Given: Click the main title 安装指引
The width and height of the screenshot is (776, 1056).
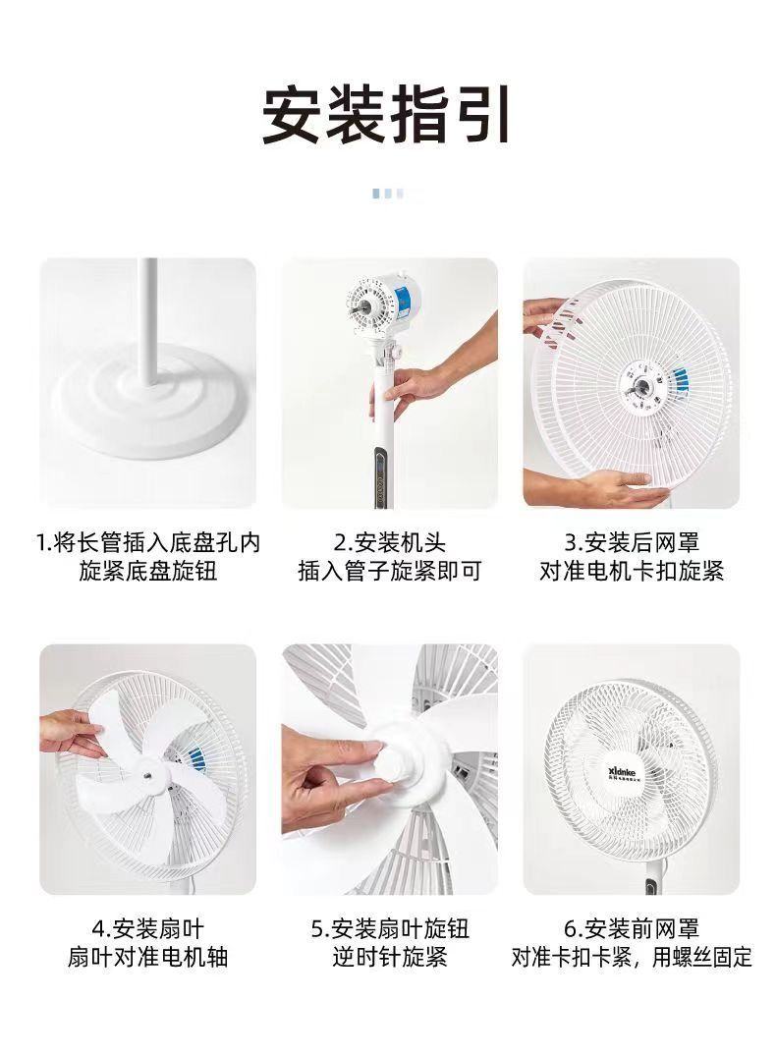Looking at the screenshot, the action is pos(387,115).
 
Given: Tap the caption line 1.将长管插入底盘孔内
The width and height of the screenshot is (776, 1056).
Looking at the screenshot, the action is pos(148,542).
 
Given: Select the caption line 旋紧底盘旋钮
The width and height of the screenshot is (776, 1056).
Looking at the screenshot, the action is pos(148,571).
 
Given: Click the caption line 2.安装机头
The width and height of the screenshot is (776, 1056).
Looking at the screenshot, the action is pos(390,542).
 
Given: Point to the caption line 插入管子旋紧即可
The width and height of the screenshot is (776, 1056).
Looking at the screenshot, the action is pos(390,571).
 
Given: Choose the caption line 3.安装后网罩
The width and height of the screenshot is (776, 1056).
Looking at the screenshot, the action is pos(632,542).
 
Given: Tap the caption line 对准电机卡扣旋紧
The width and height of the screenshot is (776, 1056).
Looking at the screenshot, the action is pos(632,571).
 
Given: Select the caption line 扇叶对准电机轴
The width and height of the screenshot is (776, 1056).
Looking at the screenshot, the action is pos(148,957).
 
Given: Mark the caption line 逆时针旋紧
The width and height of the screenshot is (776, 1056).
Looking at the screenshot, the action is pos(390,957).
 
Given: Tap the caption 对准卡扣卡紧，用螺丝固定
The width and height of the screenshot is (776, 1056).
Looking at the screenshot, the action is pos(632,957).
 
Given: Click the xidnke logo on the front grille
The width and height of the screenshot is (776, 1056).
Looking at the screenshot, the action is pos(623,771).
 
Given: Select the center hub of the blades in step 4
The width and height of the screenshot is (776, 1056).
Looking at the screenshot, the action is pos(146,774).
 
